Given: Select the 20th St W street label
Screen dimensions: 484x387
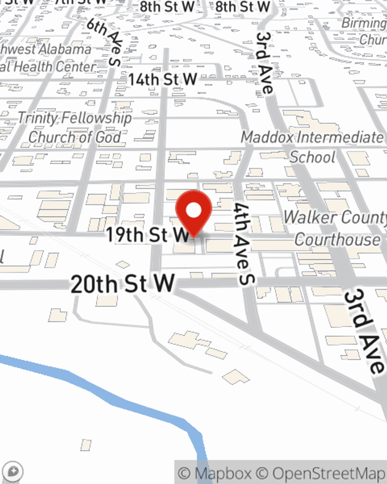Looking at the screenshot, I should (x=123, y=284).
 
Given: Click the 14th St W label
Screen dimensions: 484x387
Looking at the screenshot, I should (x=163, y=80).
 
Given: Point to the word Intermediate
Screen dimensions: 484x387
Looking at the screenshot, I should (x=341, y=137).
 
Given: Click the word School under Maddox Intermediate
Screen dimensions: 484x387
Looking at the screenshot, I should (x=313, y=157).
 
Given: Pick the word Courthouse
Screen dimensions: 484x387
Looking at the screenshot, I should (x=337, y=239).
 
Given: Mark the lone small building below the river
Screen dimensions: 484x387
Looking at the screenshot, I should (x=86, y=445).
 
